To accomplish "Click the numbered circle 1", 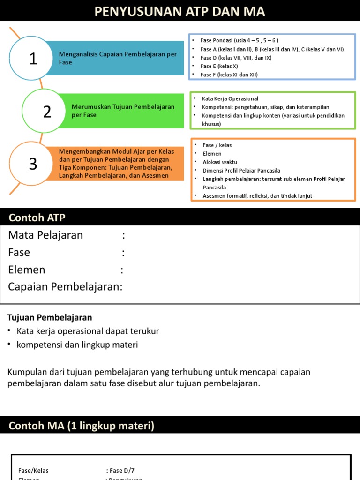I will click(x=32, y=59).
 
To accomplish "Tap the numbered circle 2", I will click(x=47, y=112).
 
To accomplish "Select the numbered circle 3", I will click(x=33, y=164).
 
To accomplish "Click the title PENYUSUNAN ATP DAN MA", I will click(x=180, y=12).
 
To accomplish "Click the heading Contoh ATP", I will click(x=37, y=217).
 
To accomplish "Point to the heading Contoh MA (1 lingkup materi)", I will click(x=82, y=426).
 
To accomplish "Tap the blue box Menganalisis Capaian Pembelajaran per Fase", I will click(x=118, y=58).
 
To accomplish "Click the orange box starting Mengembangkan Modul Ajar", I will click(x=116, y=164).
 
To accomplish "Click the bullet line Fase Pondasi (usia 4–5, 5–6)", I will click(x=240, y=41).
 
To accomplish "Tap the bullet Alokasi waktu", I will click(x=220, y=162).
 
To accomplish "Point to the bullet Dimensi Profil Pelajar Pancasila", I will click(x=241, y=171).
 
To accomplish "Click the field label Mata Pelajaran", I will click(x=45, y=235).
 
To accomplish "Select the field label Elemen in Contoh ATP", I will click(x=27, y=270).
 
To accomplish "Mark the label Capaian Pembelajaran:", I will click(x=65, y=286).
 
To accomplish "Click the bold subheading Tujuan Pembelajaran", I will click(x=50, y=317).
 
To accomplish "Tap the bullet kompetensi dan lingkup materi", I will click(x=77, y=345).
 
